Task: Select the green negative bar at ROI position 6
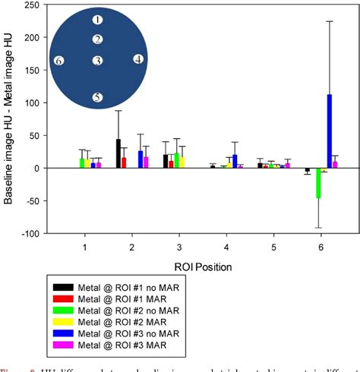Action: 318,183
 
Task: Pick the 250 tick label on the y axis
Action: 31,5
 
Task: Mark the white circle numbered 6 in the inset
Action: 60,61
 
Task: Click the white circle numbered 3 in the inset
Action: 97,61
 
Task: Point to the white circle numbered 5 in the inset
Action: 97,97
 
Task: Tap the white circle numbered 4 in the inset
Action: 137,58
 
